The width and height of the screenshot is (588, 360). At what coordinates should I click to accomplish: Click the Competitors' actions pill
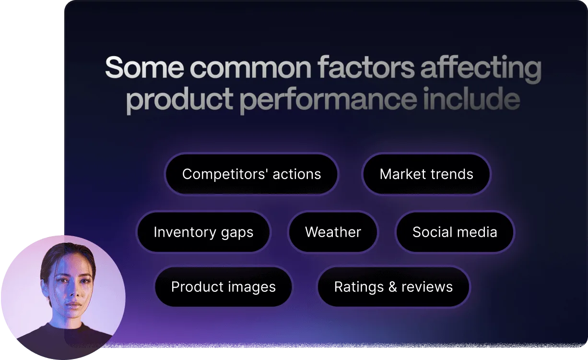(x=251, y=174)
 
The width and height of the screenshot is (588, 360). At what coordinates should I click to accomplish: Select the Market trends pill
(x=426, y=174)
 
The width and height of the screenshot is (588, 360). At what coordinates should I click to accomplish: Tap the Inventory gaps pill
(x=203, y=232)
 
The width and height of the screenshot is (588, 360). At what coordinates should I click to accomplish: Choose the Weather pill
(x=333, y=232)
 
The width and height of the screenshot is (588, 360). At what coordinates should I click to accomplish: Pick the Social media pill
(x=455, y=232)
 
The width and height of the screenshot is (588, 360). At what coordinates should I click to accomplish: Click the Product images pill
(x=223, y=287)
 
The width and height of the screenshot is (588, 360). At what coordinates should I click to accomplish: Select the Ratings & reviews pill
(x=393, y=287)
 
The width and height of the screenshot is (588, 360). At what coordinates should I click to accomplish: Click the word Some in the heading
(x=144, y=67)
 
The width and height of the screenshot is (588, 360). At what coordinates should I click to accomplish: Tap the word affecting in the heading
(x=481, y=69)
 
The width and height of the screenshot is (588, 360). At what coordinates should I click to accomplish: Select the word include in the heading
(x=472, y=98)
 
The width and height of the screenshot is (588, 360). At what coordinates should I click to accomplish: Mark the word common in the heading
(x=251, y=69)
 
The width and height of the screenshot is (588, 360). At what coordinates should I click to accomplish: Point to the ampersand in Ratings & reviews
(x=392, y=287)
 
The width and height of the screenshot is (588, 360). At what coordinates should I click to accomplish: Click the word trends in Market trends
(x=450, y=174)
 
